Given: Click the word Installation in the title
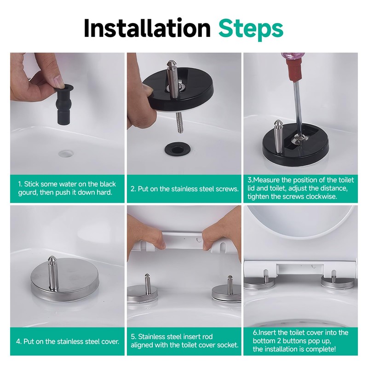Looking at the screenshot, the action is pyautogui.click(x=147, y=28).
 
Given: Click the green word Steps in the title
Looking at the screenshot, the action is pyautogui.click(x=251, y=29).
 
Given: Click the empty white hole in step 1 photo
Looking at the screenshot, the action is pyautogui.click(x=66, y=154).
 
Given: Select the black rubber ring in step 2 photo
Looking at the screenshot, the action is pyautogui.click(x=176, y=149).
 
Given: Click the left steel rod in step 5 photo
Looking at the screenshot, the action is pyautogui.click(x=147, y=284).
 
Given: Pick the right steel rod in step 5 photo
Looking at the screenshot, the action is pyautogui.click(x=230, y=285).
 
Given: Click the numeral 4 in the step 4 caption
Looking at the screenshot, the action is pyautogui.click(x=18, y=341).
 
